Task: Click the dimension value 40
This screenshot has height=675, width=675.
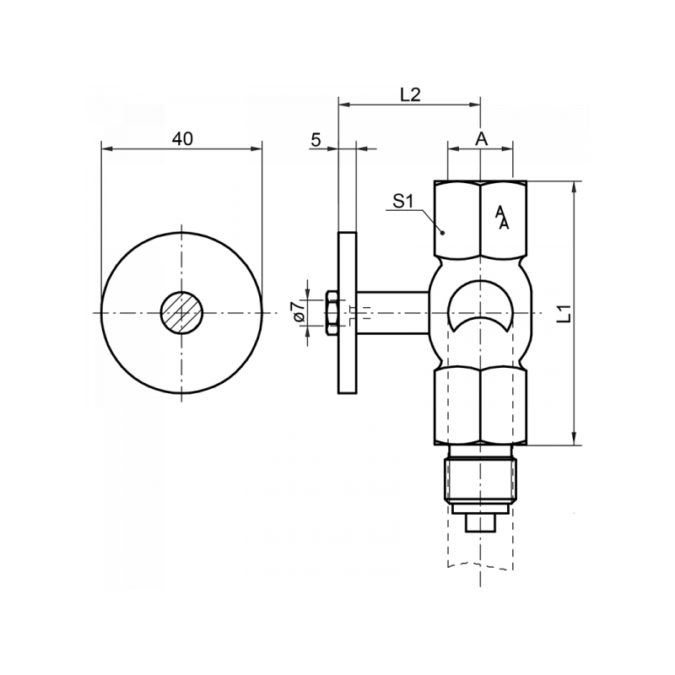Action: point(182,138)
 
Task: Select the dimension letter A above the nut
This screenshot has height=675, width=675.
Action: point(480,138)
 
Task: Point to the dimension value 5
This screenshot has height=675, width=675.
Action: point(316,139)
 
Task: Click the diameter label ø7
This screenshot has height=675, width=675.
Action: point(296,313)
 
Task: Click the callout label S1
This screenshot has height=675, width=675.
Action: point(402,202)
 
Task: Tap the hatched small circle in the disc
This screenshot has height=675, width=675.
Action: point(182,313)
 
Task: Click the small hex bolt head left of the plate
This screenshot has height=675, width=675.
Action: point(331,313)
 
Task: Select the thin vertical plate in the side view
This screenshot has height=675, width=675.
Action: point(347,313)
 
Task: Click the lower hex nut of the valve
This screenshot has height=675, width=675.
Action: point(479,405)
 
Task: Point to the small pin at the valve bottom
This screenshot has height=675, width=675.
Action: point(479,521)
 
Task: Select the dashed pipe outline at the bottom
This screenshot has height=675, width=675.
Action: point(479,565)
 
